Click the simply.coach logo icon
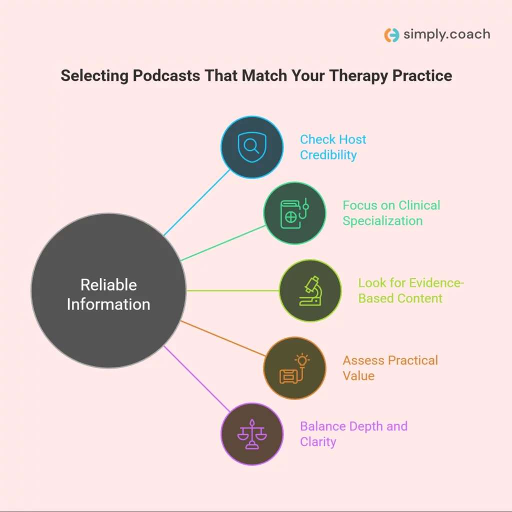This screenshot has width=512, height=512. (x=391, y=35)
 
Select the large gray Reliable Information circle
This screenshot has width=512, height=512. (x=108, y=290)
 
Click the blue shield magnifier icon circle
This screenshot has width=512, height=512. (x=252, y=147)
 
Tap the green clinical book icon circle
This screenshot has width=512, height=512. (x=294, y=212)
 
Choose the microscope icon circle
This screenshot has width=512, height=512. (x=310, y=290)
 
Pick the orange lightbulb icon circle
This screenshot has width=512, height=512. (x=294, y=368)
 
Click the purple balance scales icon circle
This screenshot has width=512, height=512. (x=252, y=434)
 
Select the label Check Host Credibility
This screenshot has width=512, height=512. (x=333, y=147)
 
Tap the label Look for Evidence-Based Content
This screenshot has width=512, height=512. (x=411, y=290)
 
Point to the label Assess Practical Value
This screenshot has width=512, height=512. (x=390, y=368)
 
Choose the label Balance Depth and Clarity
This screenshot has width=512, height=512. (x=353, y=434)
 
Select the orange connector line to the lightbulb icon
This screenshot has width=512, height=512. (x=222, y=338)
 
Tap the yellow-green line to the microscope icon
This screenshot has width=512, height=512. (x=232, y=290)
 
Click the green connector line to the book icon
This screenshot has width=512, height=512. (x=222, y=243)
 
